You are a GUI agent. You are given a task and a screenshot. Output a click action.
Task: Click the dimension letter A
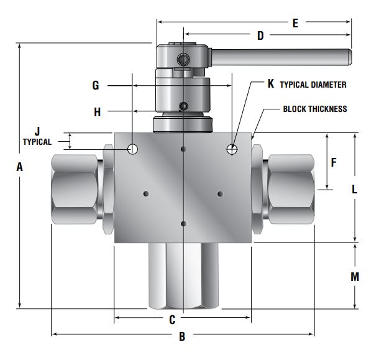[x=20, y=167]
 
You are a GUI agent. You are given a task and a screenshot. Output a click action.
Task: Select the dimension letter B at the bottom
[x=182, y=336]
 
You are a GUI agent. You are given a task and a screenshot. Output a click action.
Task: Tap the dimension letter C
[x=172, y=320]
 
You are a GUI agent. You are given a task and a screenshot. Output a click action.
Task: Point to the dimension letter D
[x=260, y=35]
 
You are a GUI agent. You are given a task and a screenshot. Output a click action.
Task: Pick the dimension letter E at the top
[x=295, y=23]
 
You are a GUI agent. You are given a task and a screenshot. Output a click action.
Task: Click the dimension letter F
[x=334, y=162]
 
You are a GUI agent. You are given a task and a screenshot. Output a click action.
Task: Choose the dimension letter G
[x=96, y=85]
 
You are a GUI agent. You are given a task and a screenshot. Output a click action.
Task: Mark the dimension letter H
[x=97, y=113]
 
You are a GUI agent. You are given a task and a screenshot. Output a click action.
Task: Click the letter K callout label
[x=271, y=84]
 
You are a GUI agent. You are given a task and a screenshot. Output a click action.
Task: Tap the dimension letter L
[x=354, y=189]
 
